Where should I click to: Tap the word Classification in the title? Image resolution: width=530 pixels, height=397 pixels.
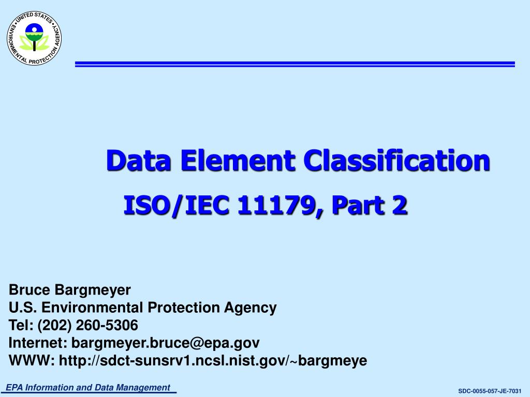396,160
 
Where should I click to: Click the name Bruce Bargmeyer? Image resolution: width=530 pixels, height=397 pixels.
70,290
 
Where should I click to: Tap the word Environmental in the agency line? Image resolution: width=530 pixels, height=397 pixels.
93,308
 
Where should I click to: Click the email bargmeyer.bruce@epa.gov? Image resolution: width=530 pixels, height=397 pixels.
165,343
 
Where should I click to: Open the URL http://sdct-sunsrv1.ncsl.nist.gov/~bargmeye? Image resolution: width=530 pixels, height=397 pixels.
213,360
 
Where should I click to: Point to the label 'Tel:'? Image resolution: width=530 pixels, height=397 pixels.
21,325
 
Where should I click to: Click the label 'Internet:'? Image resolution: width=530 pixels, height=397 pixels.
38,343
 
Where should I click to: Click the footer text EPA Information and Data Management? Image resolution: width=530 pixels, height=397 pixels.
87,388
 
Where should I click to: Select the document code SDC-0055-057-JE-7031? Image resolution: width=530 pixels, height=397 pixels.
490,391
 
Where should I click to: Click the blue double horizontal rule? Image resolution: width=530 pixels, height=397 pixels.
295,64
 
